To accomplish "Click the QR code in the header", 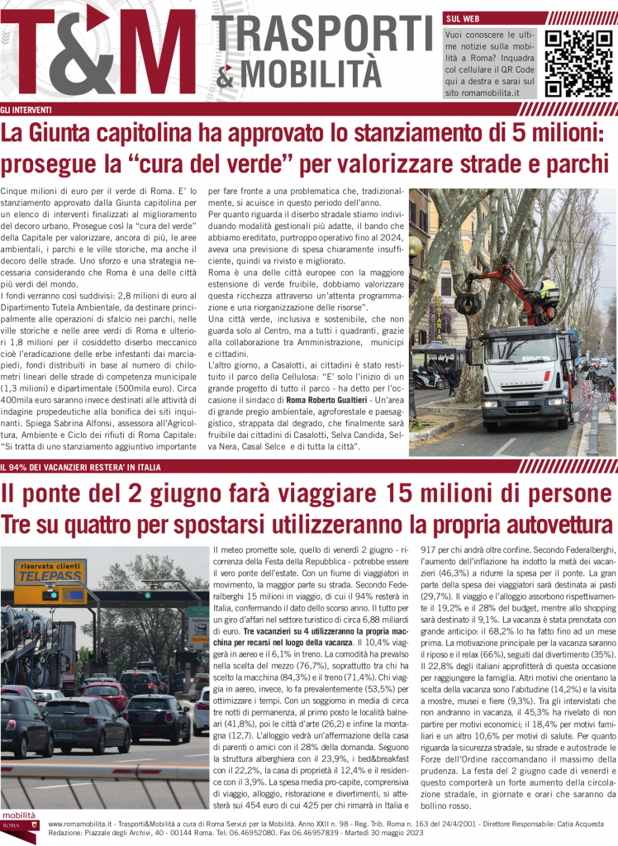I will pos(575,62).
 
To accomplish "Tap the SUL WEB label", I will pos(463,17).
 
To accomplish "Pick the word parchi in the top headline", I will pos(578,164).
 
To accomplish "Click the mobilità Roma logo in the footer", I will pos(21,821).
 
